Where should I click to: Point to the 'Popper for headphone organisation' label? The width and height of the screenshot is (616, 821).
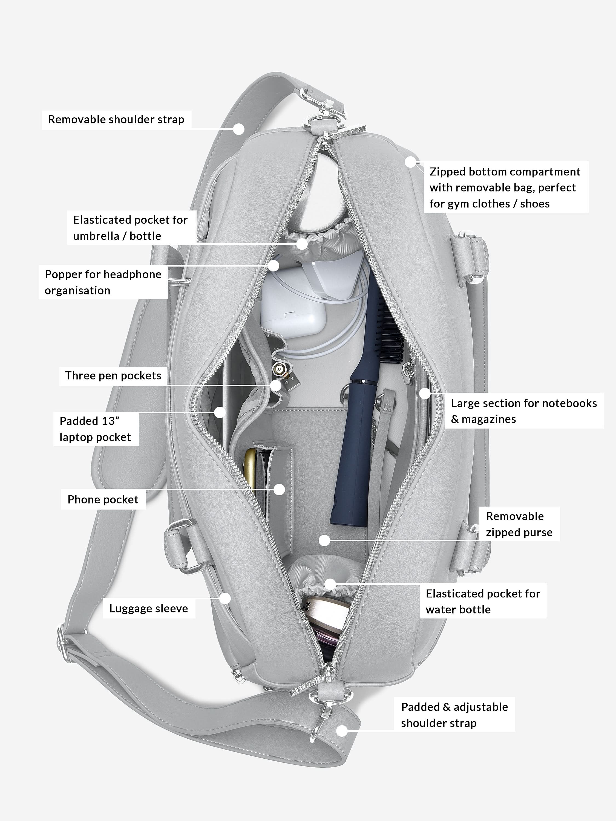(103, 282)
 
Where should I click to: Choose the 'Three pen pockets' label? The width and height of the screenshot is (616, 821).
(113, 376)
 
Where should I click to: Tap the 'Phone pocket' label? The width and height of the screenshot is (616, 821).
(103, 499)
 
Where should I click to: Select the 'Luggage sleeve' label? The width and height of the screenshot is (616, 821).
(148, 608)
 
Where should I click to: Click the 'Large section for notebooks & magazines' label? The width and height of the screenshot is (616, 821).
(523, 411)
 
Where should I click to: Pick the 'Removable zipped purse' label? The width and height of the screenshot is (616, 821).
(519, 524)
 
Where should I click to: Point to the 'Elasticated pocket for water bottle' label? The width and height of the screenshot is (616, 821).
(482, 601)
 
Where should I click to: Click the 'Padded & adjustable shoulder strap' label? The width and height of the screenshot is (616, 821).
(454, 715)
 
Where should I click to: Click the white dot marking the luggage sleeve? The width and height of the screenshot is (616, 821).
(225, 598)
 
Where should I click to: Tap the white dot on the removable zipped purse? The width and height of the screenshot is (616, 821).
(324, 540)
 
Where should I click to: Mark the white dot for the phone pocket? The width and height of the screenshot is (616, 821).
(279, 490)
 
